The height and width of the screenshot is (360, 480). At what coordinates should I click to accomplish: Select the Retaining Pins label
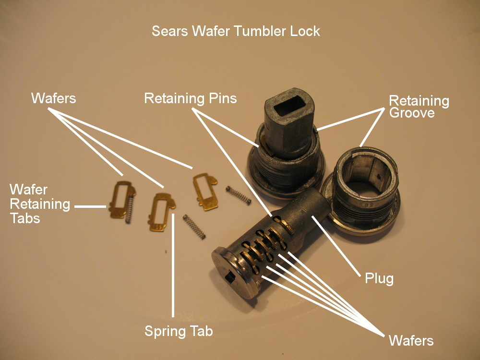tap(191, 99)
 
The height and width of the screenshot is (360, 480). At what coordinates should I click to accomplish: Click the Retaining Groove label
tap(419, 107)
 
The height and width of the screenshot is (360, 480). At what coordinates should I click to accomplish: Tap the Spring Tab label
tap(179, 331)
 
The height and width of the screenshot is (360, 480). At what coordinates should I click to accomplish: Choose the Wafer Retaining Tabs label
tap(40, 204)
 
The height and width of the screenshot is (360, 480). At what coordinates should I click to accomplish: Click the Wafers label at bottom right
tap(411, 341)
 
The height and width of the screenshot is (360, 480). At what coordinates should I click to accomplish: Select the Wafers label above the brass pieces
tap(53, 98)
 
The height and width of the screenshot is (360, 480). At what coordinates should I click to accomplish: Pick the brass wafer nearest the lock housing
tap(205, 191)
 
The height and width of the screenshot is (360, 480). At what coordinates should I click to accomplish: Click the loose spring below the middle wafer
tap(194, 227)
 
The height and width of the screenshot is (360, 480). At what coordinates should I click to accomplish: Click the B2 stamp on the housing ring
tap(368, 207)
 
